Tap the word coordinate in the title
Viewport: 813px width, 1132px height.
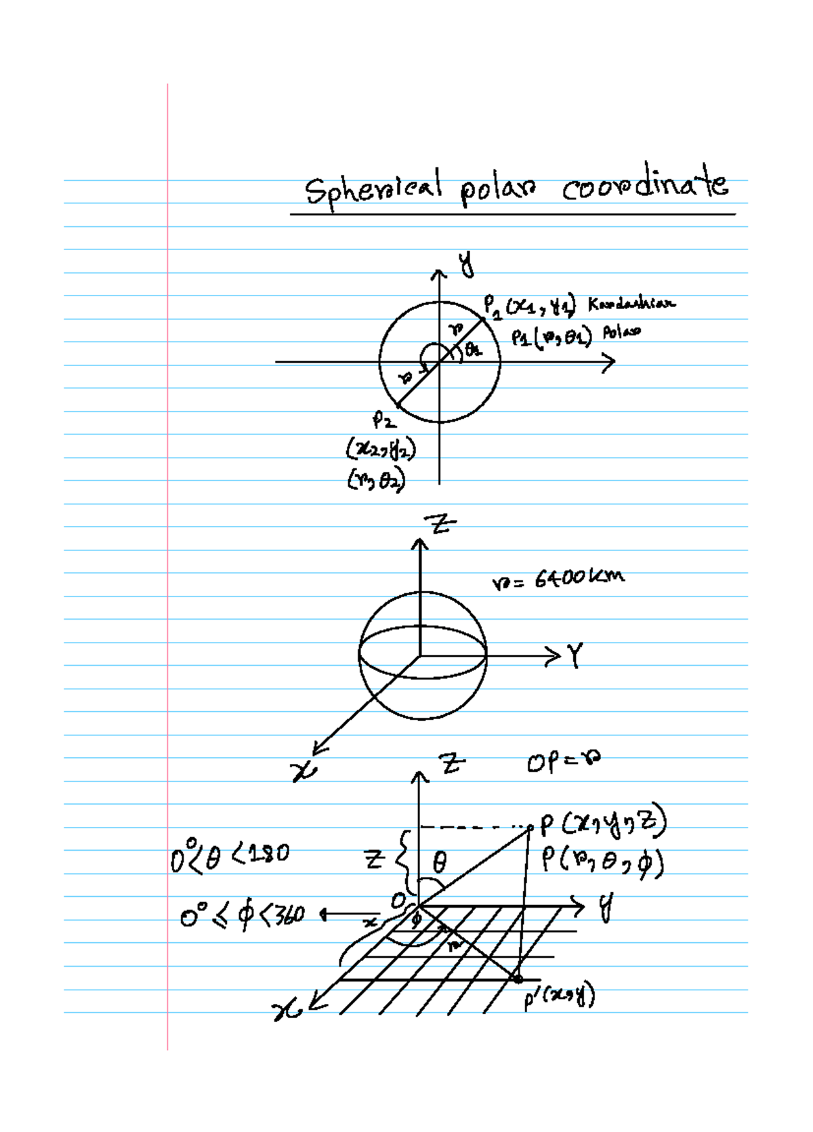coord(645,184)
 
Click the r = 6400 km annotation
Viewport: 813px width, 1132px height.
coord(558,579)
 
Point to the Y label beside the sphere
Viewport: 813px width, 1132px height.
coord(575,655)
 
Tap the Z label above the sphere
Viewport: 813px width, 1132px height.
coord(440,524)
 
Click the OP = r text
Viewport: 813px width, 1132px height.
coord(563,762)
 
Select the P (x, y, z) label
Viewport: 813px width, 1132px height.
coord(603,824)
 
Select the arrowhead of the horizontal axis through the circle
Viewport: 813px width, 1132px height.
coord(608,362)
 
